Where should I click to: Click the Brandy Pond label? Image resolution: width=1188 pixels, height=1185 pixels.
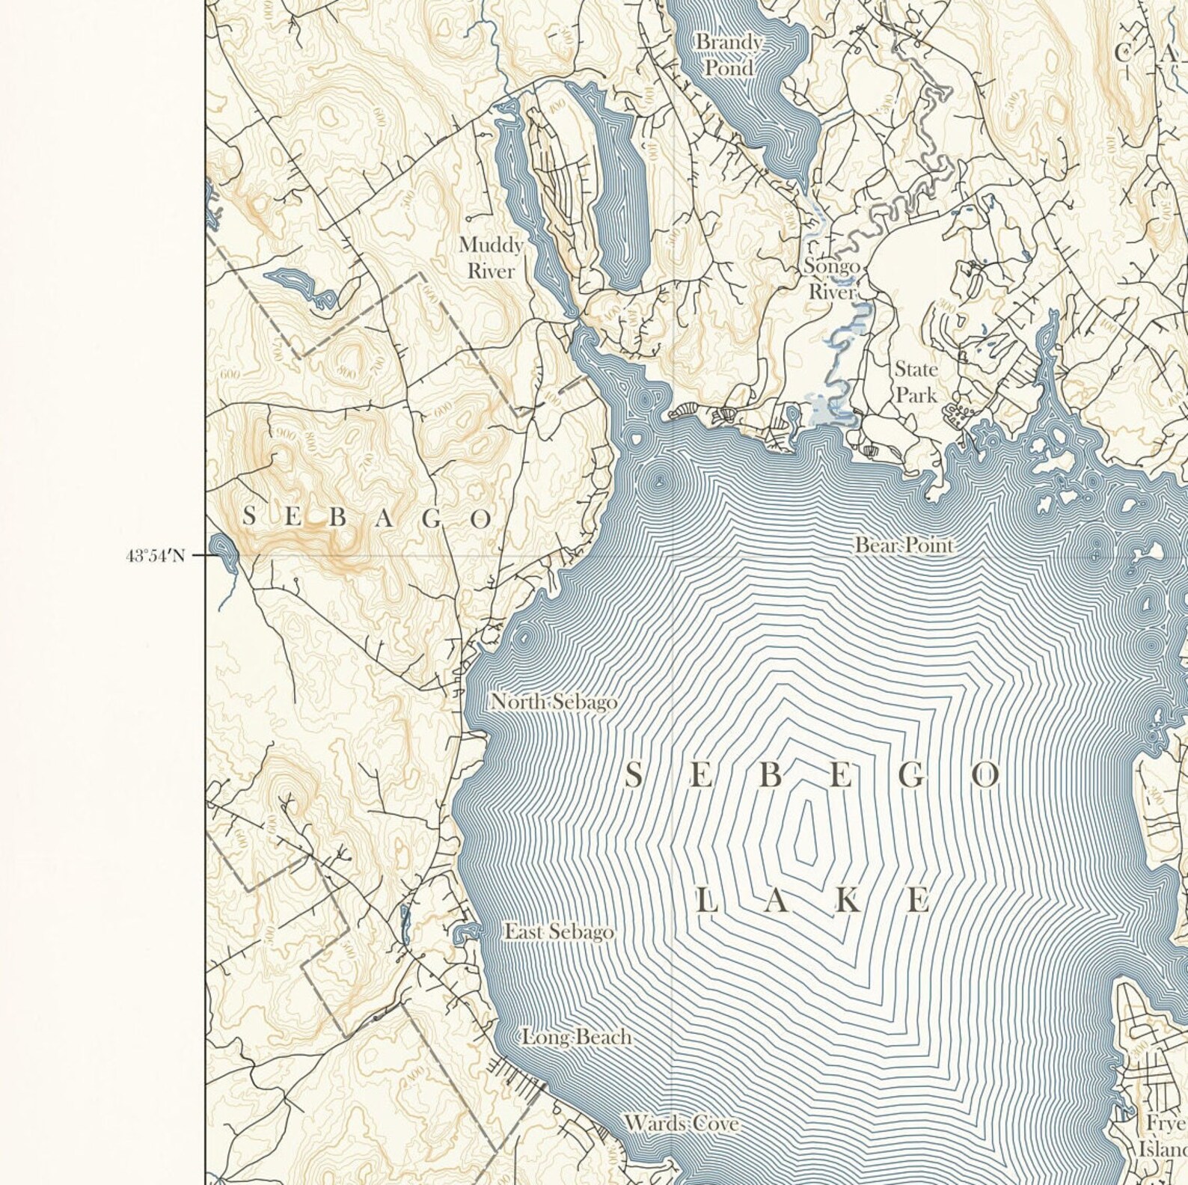[x=728, y=55]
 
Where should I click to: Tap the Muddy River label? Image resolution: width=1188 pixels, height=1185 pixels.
[x=491, y=257]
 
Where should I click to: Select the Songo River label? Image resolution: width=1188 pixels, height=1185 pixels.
[x=831, y=278]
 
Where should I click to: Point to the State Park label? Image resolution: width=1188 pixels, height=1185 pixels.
[x=916, y=382]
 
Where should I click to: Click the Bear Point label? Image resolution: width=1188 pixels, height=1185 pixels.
[x=904, y=545]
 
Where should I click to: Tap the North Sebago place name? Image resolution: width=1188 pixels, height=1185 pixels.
[x=554, y=702]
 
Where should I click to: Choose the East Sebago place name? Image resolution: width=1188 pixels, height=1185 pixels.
[x=558, y=932]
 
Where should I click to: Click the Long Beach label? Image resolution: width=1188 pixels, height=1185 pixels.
[x=576, y=1038]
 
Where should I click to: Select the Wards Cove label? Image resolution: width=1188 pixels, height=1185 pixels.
[x=682, y=1123]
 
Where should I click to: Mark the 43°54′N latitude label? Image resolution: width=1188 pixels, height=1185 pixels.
[x=155, y=556]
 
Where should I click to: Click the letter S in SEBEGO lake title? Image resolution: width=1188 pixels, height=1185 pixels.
[x=633, y=777]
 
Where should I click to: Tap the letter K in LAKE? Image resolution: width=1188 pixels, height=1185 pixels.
[x=847, y=901]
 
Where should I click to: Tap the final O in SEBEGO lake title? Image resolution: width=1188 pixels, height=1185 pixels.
[x=985, y=777]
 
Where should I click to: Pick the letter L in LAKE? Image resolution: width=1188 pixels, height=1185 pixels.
[x=707, y=901]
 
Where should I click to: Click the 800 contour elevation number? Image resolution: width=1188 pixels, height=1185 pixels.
[x=346, y=372]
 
